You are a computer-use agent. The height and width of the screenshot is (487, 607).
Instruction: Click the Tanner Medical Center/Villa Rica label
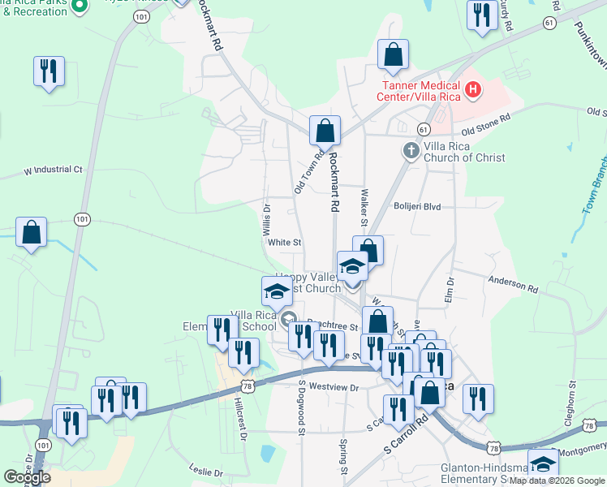tap(418, 91)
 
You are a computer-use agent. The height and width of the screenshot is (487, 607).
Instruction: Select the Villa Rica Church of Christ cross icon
tap(411, 150)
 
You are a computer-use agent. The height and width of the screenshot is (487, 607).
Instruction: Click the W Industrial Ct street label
tap(54, 170)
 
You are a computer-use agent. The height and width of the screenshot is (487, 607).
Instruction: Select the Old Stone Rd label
tap(485, 124)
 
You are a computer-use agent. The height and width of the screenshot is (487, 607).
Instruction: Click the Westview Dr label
tap(334, 388)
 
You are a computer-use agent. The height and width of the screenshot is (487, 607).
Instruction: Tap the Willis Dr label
tap(267, 220)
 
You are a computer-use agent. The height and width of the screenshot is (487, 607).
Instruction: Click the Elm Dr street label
tap(449, 291)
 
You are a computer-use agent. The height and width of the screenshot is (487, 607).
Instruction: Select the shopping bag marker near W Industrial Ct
tap(31, 234)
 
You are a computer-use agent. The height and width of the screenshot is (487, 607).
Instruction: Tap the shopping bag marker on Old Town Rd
tap(325, 131)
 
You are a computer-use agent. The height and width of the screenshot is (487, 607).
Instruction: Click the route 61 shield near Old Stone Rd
tap(423, 130)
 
